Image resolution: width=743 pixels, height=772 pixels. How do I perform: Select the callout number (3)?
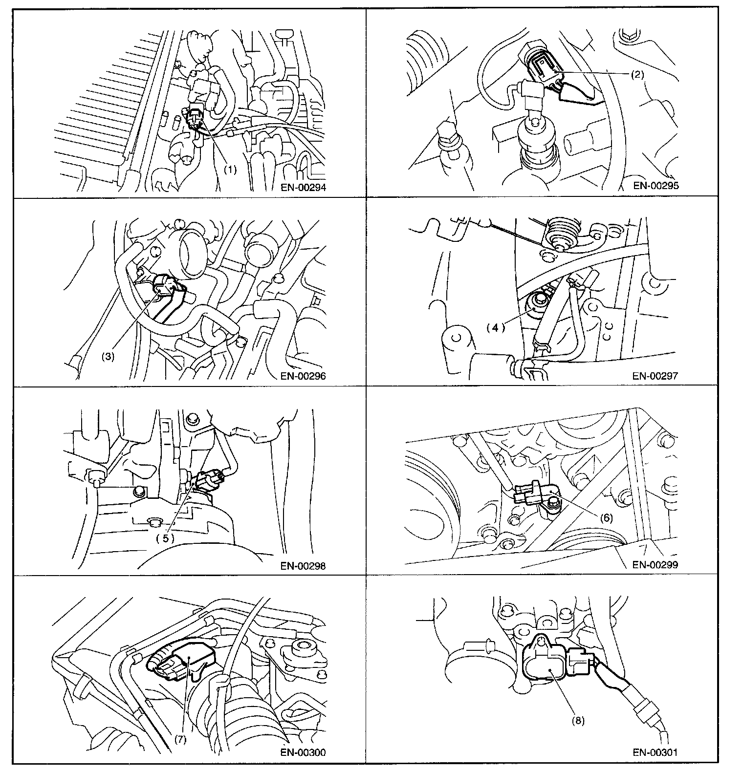click(108, 357)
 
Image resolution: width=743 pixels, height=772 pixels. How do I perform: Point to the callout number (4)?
click(495, 328)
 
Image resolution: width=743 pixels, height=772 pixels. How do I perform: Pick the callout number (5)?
click(165, 538)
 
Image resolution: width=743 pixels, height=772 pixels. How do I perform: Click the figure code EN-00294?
click(303, 187)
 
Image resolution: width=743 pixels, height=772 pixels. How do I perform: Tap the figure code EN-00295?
click(655, 186)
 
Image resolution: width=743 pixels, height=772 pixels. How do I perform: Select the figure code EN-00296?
click(303, 376)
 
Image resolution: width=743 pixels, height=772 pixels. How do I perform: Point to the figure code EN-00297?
click(655, 376)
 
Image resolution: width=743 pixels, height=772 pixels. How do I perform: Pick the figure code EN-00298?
click(303, 566)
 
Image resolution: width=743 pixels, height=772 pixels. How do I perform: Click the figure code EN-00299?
click(655, 565)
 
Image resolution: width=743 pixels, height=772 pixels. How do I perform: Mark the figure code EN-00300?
click(303, 752)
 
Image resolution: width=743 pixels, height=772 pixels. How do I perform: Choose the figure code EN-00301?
click(655, 752)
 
